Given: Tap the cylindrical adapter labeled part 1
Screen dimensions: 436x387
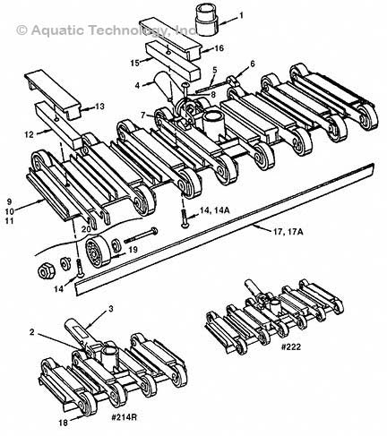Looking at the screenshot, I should (208, 17).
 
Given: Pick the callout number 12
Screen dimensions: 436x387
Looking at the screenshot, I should (30, 135).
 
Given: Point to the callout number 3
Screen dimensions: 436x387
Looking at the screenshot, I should (112, 309).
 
